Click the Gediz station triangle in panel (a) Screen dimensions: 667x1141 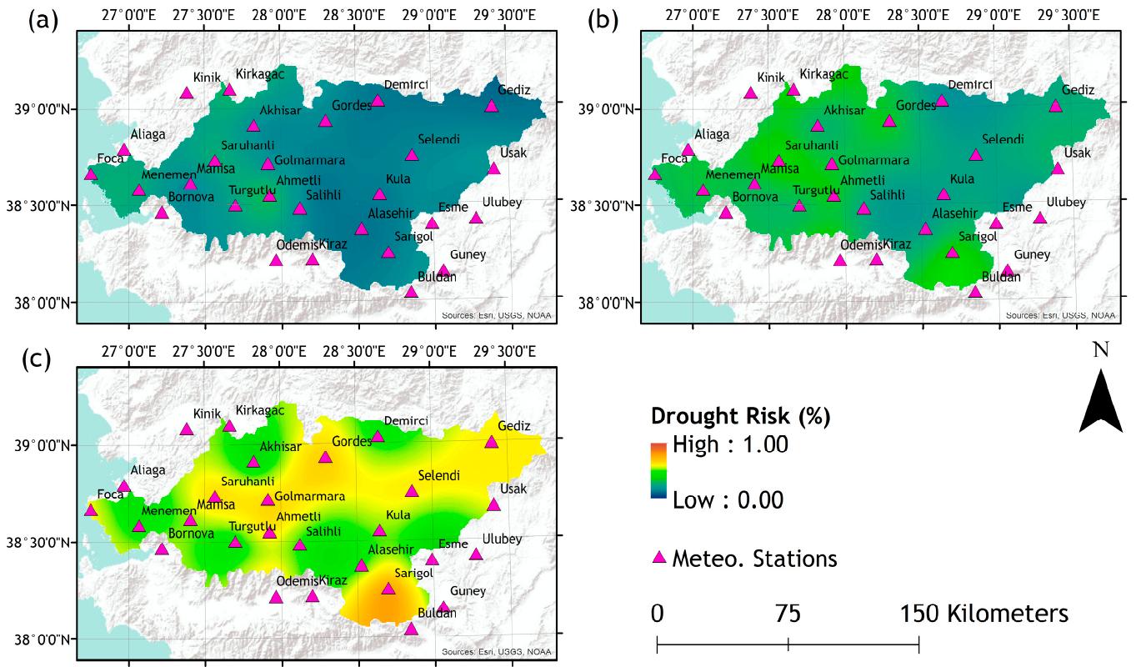(x=492, y=106)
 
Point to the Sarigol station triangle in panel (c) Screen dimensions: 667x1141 (x=388, y=589)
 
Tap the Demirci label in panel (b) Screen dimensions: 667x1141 (x=969, y=85)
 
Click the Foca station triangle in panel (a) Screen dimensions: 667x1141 (x=91, y=173)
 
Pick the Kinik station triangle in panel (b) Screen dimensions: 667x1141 (x=750, y=93)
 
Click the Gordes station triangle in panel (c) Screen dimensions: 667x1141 (x=325, y=457)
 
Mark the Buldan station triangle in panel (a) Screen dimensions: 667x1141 (x=411, y=292)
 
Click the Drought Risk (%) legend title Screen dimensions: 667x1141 (x=740, y=416)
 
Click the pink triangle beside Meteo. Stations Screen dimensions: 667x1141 (x=659, y=557)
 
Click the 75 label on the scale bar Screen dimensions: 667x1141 (x=788, y=614)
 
